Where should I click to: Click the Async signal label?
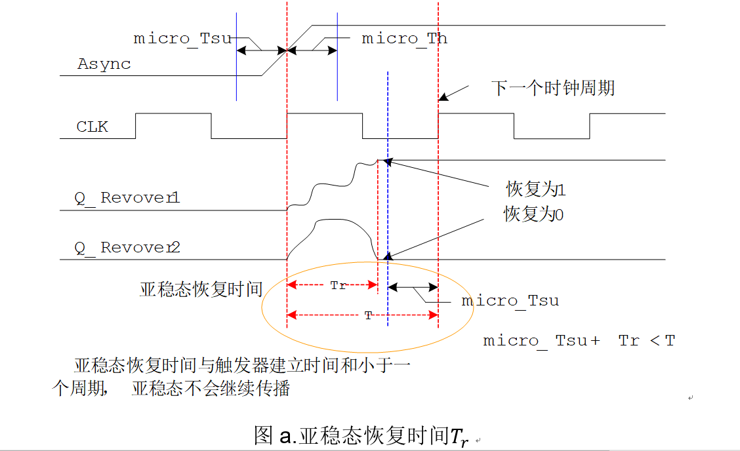(x=104, y=64)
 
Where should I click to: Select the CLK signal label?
(x=92, y=127)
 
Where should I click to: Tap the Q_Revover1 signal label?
(x=127, y=198)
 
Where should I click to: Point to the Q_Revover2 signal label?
(x=127, y=248)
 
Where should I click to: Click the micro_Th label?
(x=405, y=39)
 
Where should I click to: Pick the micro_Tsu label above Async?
(x=182, y=39)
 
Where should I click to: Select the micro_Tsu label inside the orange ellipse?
(x=510, y=301)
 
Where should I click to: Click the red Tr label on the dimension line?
(x=338, y=286)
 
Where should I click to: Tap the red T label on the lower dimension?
(x=368, y=315)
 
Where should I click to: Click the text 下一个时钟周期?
(x=553, y=88)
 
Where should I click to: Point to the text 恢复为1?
(x=535, y=190)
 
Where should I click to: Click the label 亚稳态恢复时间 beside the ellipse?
(x=201, y=289)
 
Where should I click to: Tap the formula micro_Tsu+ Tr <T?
(x=579, y=341)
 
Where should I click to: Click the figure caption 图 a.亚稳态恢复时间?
(x=361, y=436)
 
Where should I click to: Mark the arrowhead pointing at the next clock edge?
(x=443, y=97)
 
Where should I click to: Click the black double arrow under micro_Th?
(x=312, y=50)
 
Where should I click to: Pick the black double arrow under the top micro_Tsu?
(x=262, y=50)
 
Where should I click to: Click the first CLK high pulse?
(x=173, y=114)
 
